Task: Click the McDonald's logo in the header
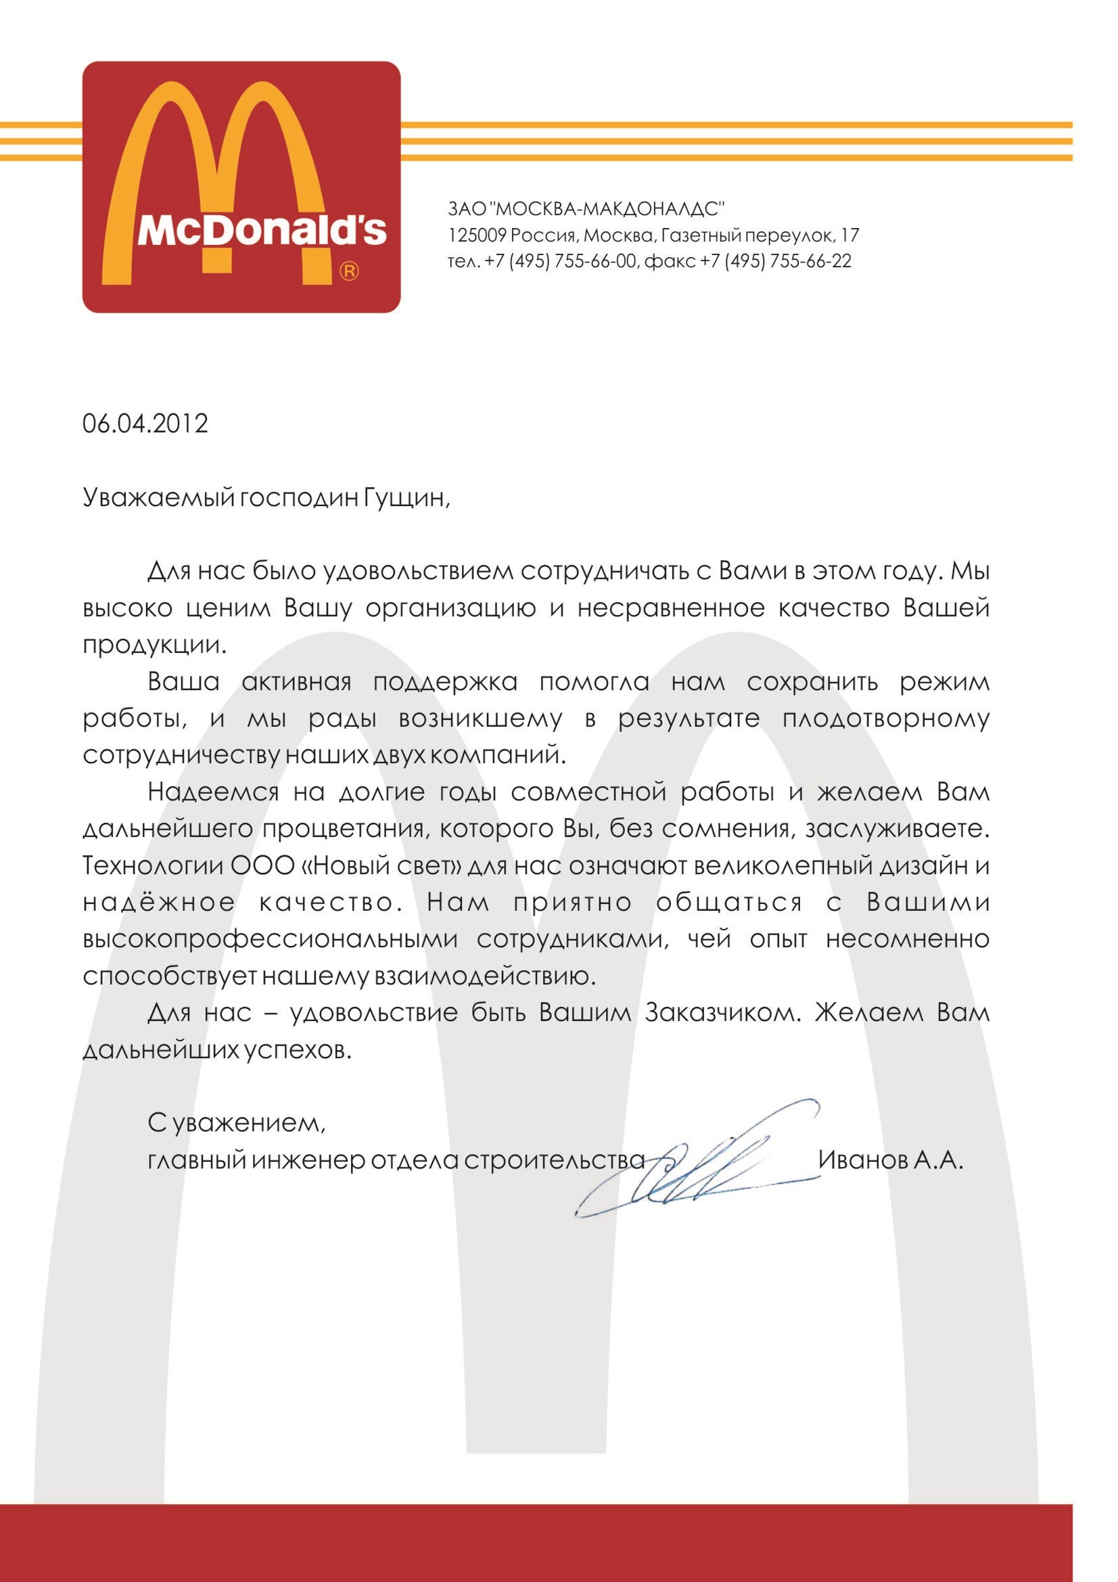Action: point(241,187)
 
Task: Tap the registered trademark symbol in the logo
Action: point(349,271)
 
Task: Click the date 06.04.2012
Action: point(145,423)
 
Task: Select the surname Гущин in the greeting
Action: point(405,497)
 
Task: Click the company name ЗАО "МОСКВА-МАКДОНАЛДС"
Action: point(586,208)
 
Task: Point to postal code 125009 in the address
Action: point(478,235)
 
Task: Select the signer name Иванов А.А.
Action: point(890,1160)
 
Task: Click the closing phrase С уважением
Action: point(236,1123)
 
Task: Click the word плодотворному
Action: point(886,719)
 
